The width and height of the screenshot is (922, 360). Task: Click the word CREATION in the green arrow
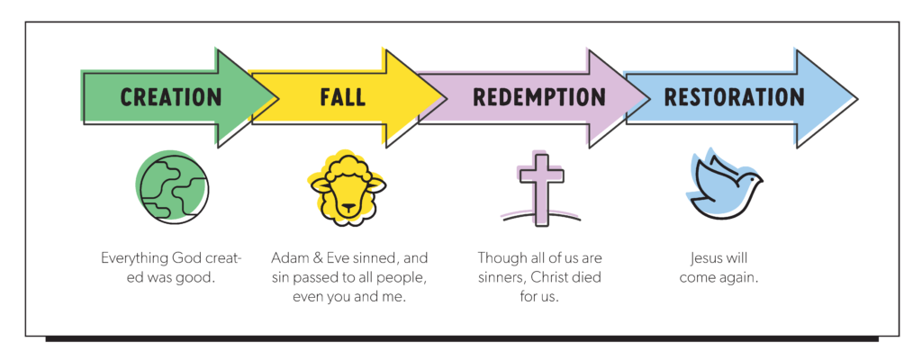pyautogui.click(x=171, y=96)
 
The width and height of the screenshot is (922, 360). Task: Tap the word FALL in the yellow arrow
pyautogui.click(x=342, y=96)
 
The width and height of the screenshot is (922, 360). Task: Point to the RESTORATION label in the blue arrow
pyautogui.click(x=734, y=96)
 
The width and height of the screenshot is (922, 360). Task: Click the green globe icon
pyautogui.click(x=172, y=187)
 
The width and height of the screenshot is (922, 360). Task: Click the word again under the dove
pyautogui.click(x=737, y=277)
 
